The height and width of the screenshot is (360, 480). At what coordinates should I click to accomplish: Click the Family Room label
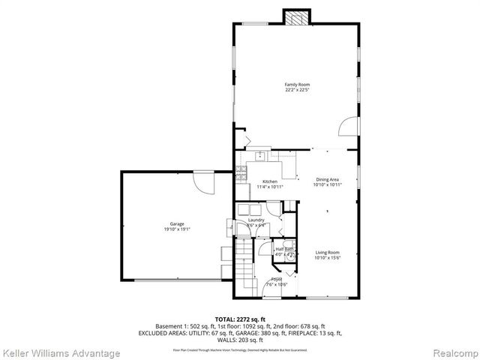pos(297,85)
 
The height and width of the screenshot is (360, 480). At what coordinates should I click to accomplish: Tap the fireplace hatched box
pos(295,17)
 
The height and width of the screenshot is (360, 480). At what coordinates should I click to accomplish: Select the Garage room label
pos(177,224)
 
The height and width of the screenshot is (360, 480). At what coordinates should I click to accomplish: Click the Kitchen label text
pos(269,181)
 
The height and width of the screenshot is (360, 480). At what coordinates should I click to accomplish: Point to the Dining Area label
pos(327,179)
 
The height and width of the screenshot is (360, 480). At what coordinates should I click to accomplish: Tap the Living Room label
pos(327,253)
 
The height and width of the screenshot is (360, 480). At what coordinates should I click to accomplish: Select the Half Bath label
pos(283,249)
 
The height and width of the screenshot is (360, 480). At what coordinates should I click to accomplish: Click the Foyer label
pos(277,279)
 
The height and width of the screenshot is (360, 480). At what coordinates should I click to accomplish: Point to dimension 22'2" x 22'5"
pos(297,90)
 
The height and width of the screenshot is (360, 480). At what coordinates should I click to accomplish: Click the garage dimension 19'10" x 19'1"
pos(177,229)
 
